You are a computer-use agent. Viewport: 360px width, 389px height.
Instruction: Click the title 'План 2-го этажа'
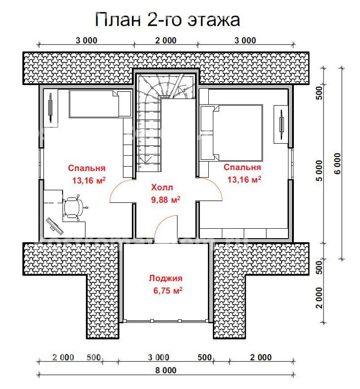pyautogui.click(x=167, y=20)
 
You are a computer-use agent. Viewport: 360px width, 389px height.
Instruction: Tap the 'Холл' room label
pyautogui.click(x=162, y=187)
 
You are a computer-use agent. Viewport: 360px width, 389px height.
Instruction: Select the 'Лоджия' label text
pyautogui.click(x=166, y=279)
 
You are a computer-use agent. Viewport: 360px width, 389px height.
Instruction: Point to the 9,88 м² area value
pyautogui.click(x=166, y=199)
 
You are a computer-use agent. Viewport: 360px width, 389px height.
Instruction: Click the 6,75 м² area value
pyautogui.click(x=167, y=291)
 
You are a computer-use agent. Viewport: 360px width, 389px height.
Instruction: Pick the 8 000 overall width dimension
pyautogui.click(x=166, y=371)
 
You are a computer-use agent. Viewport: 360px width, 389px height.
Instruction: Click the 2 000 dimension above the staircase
pyautogui.click(x=166, y=41)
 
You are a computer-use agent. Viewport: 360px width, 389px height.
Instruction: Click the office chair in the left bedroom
pyautogui.click(x=74, y=208)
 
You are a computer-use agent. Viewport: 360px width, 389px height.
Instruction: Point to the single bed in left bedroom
pyautogui.click(x=99, y=104)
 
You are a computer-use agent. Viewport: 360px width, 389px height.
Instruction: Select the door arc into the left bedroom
pyautogui.click(x=121, y=191)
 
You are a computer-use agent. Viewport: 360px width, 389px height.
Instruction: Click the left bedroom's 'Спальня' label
pyautogui.click(x=87, y=168)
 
